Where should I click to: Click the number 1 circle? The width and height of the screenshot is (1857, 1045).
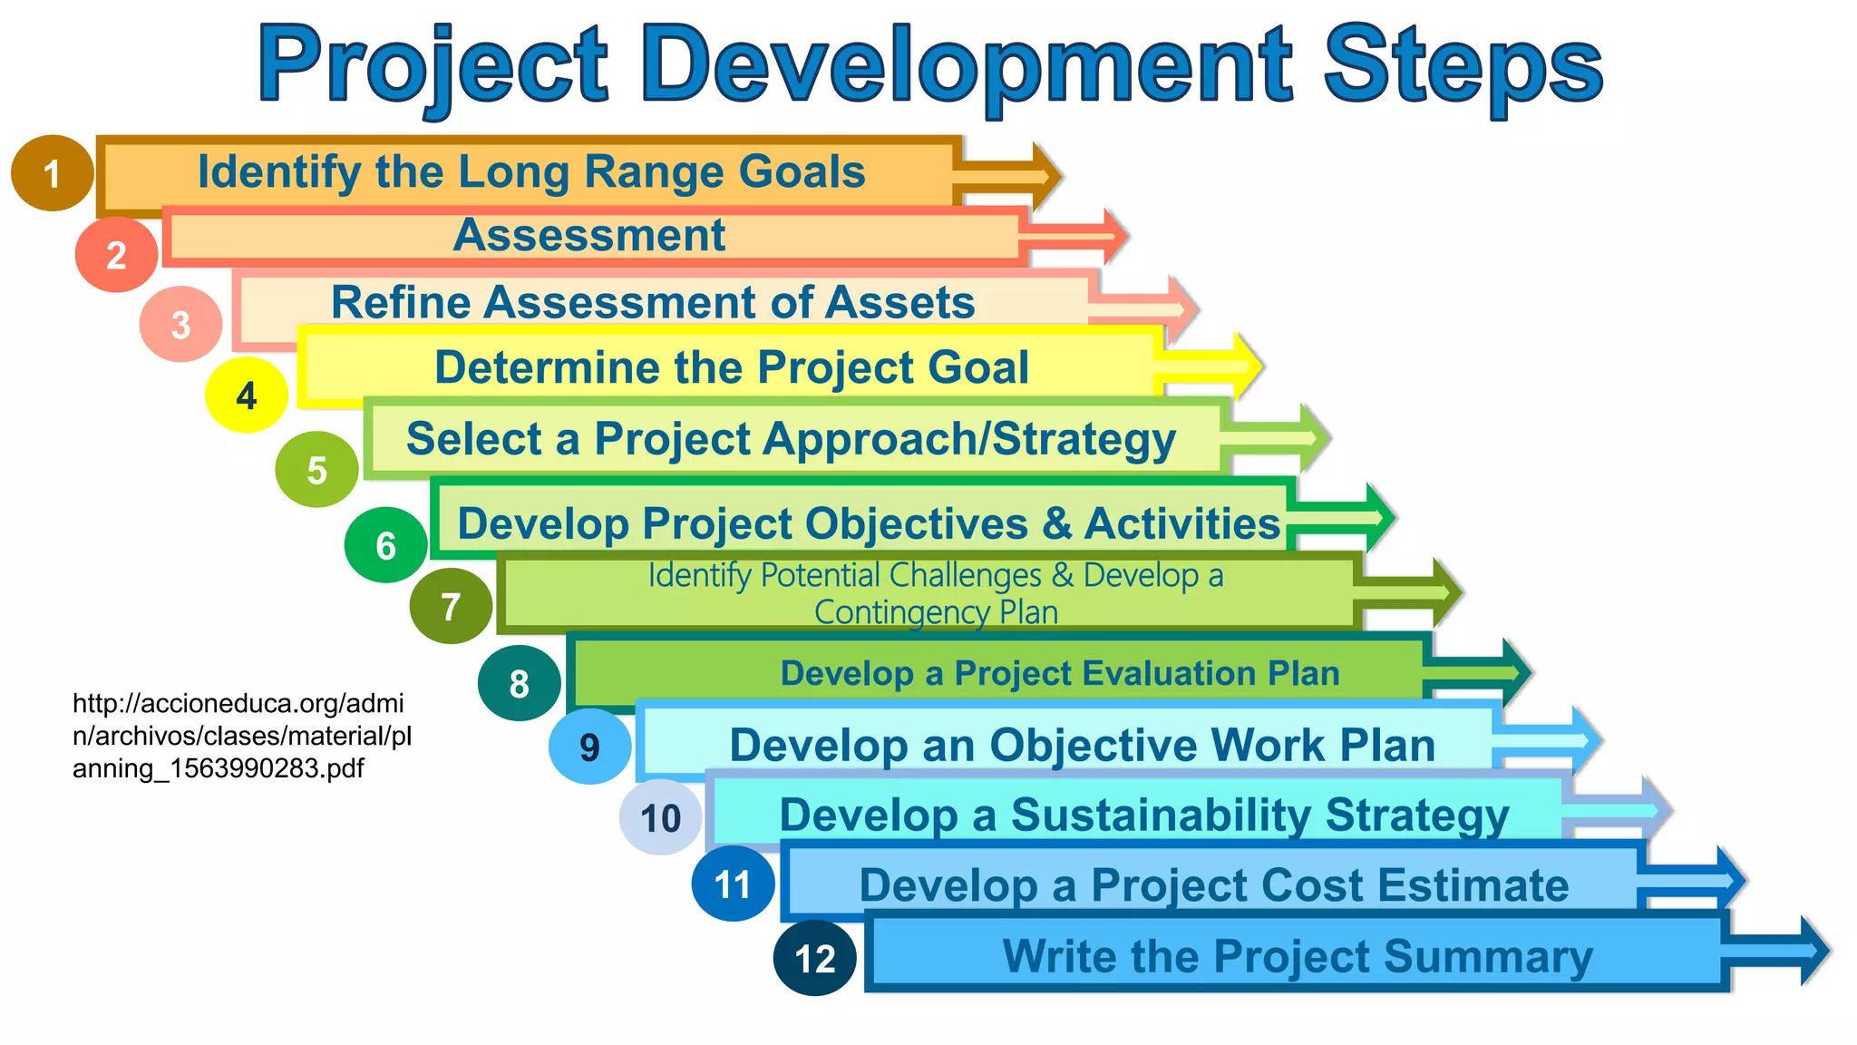coord(52,173)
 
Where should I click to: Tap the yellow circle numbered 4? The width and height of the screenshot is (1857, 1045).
coord(246,396)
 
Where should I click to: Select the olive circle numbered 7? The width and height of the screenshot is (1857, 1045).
coord(451,606)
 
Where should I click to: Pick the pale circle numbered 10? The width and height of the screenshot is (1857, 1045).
coord(660,817)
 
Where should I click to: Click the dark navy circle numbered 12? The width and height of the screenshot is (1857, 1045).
coord(814,959)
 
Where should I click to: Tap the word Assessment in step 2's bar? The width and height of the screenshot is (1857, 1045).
coord(589,236)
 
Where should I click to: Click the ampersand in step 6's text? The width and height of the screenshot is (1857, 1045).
coord(1056,523)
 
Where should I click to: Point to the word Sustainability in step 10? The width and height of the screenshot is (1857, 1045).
coord(1160,815)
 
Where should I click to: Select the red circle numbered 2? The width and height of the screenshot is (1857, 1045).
coord(115,255)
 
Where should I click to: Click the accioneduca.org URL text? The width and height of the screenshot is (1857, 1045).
coord(241,736)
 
